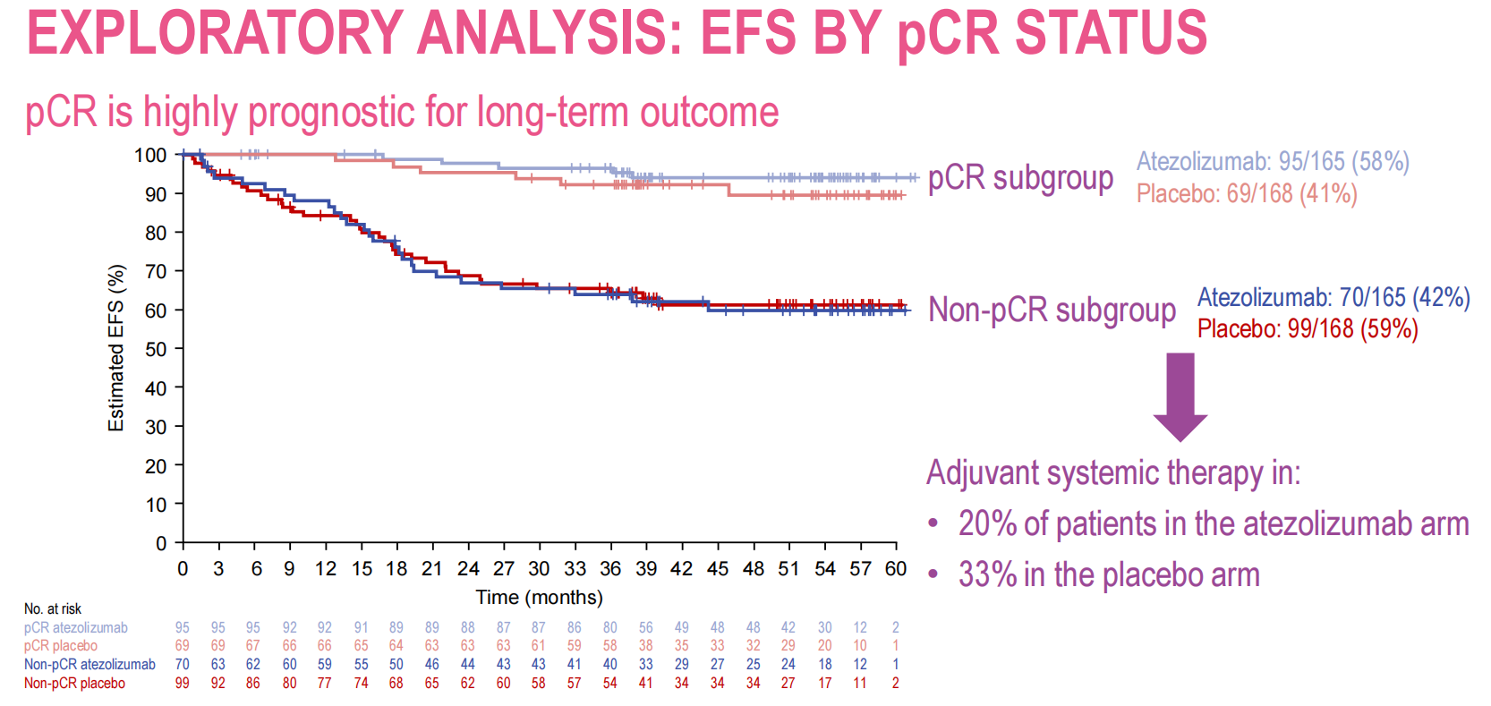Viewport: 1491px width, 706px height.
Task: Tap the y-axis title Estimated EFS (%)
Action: click(116, 348)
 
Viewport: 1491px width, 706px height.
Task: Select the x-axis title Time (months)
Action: click(539, 597)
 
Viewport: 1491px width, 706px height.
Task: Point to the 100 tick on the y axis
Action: click(150, 155)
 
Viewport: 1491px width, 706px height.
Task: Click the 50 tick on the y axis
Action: click(156, 349)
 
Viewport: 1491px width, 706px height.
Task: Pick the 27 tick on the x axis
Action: click(504, 569)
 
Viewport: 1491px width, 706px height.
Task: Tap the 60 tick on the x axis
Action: click(896, 569)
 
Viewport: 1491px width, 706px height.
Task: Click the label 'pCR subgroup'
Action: click(1020, 178)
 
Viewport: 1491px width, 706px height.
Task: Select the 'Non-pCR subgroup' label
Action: click(1052, 310)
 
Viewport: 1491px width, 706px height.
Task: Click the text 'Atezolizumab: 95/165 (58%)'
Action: click(1272, 161)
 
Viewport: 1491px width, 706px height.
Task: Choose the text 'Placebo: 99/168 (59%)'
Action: click(1308, 328)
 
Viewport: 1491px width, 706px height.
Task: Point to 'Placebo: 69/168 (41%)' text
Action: click(1247, 193)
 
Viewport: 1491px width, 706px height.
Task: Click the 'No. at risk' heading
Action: click(53, 608)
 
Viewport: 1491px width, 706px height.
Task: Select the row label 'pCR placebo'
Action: click(61, 645)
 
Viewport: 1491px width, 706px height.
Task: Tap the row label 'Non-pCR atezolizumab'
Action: click(89, 664)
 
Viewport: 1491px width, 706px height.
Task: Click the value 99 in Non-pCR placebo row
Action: click(183, 683)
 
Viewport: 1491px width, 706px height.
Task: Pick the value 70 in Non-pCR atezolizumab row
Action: click(183, 664)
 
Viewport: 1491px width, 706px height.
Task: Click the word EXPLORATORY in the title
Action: click(214, 32)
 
